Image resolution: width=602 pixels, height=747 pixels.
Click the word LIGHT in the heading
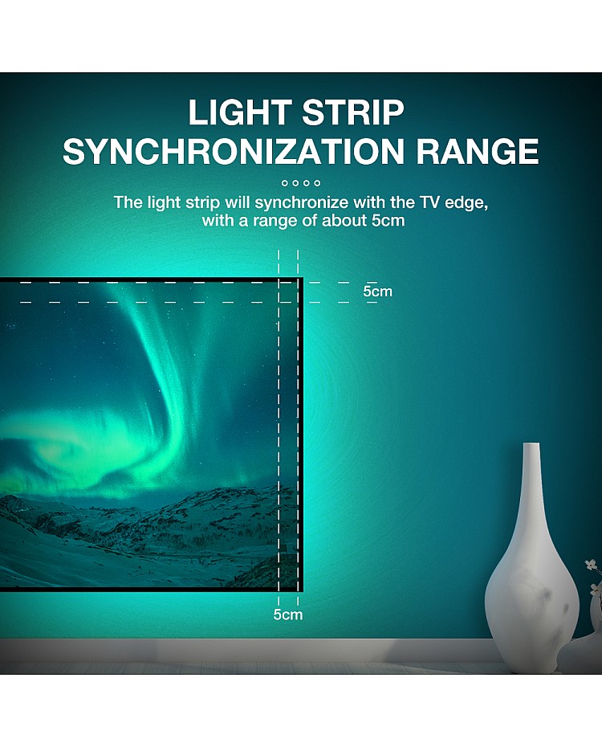click(x=240, y=112)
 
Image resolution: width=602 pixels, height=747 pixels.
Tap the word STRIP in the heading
click(x=352, y=112)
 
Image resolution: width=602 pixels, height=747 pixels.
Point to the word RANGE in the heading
click(x=478, y=151)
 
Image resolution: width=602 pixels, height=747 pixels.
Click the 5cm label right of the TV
click(x=377, y=291)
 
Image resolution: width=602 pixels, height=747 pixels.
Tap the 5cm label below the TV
click(x=288, y=614)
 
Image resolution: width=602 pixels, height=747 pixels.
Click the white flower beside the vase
click(x=591, y=565)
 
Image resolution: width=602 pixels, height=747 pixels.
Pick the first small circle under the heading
click(x=285, y=183)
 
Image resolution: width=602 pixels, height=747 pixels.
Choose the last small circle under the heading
click(x=317, y=183)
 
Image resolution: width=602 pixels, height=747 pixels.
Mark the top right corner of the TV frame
click(x=302, y=278)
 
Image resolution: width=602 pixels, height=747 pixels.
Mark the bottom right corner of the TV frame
click(x=302, y=590)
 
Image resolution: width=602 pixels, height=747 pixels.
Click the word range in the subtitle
click(x=275, y=222)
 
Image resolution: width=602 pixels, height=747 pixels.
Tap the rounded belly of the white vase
click(x=531, y=600)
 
